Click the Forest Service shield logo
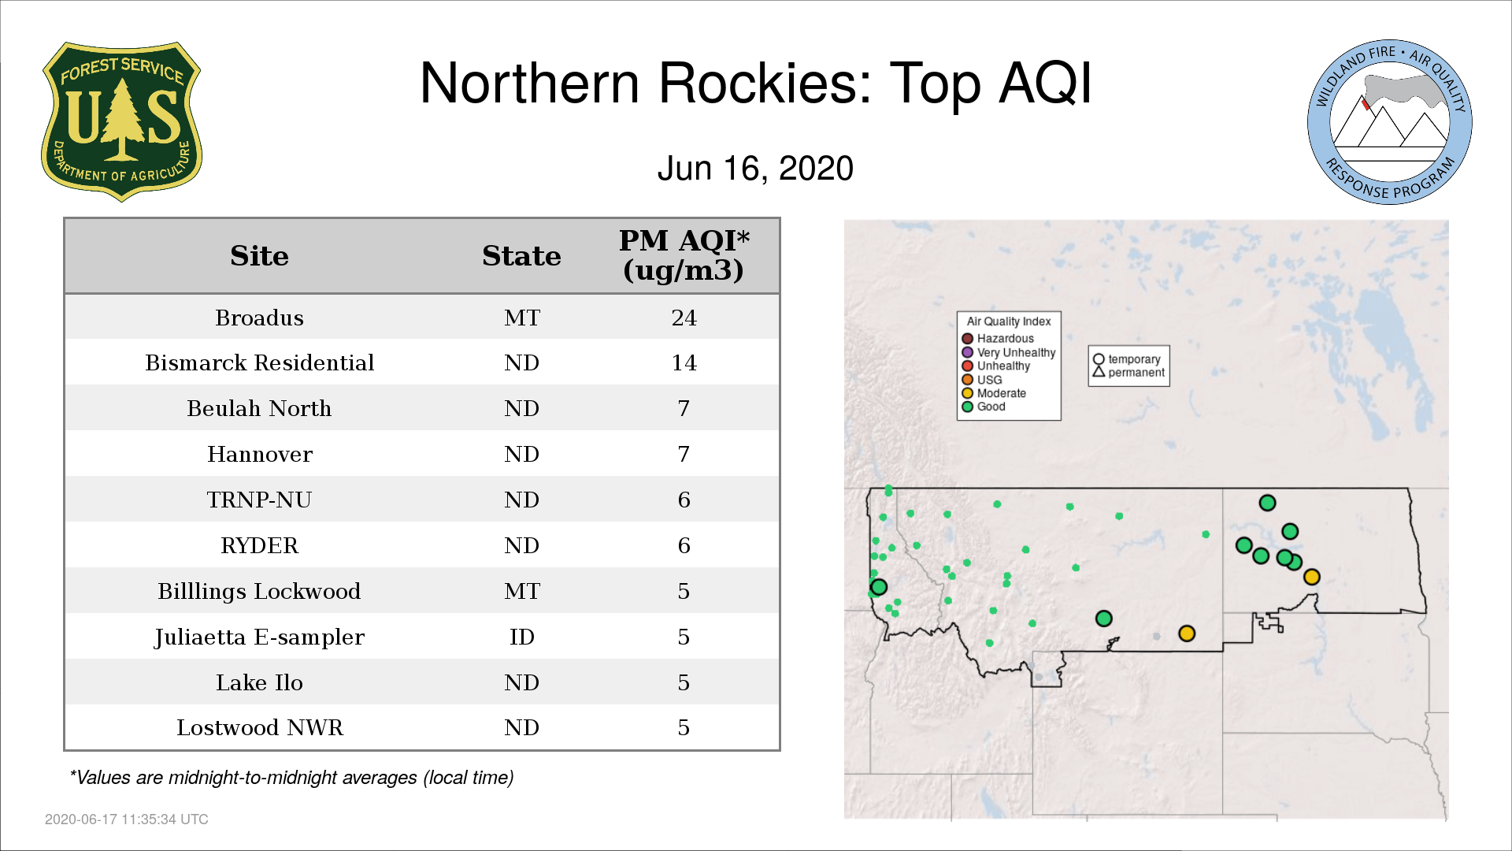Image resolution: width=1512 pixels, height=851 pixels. (121, 121)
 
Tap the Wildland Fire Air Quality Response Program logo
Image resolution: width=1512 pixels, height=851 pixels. (1390, 122)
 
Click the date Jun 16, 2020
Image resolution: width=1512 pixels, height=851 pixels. (755, 169)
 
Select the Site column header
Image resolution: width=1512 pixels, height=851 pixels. (259, 256)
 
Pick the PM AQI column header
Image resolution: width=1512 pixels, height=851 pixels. (684, 255)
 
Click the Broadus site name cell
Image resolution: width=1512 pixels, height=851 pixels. (259, 318)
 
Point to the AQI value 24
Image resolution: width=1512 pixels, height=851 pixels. (684, 318)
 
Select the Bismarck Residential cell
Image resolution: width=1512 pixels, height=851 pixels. (259, 362)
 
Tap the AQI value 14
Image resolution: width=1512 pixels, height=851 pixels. (684, 362)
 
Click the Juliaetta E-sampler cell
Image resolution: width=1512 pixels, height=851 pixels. (259, 637)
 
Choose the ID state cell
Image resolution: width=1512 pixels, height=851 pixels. (521, 637)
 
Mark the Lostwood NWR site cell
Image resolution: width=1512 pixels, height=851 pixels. (259, 727)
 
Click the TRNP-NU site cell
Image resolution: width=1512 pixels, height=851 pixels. (259, 500)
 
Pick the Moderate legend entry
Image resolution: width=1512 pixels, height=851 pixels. (994, 393)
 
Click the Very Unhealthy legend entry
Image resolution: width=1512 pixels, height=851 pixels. (1009, 352)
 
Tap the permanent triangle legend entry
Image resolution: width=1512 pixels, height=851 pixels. (1128, 372)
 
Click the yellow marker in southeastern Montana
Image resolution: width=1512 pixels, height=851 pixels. (1187, 634)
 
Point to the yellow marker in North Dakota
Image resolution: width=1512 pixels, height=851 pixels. (1311, 577)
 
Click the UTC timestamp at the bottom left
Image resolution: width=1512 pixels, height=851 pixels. (127, 819)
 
